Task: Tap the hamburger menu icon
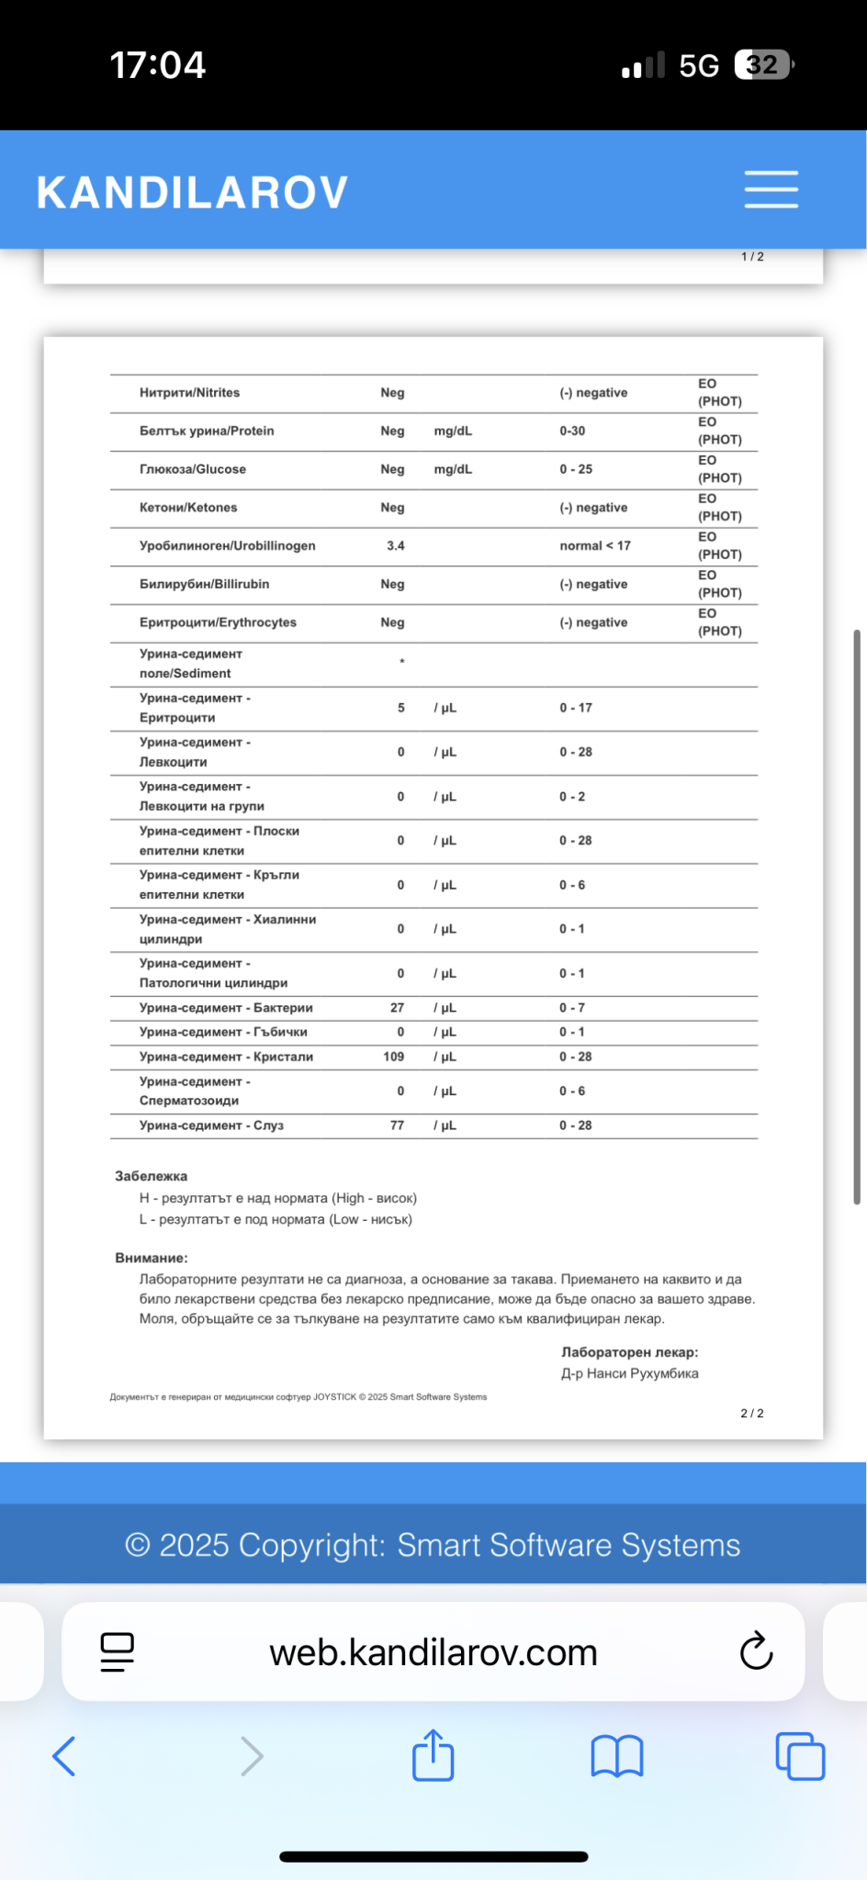[771, 190]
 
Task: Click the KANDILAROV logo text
[193, 193]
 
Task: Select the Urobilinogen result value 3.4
[396, 546]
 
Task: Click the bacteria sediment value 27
[397, 1008]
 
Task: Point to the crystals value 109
[394, 1057]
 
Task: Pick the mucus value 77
[397, 1125]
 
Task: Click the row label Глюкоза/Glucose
[193, 469]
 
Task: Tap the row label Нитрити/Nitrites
[189, 393]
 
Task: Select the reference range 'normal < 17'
[595, 546]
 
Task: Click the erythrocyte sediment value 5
[400, 708]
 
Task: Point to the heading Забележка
[151, 1176]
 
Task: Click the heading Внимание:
[151, 1258]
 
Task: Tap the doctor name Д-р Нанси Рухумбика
[630, 1373]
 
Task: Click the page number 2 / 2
[752, 1413]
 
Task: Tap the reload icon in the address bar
[756, 1651]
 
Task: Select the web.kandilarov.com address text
[433, 1652]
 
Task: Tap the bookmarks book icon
[616, 1756]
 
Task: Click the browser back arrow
[64, 1756]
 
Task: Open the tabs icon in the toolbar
[800, 1756]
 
